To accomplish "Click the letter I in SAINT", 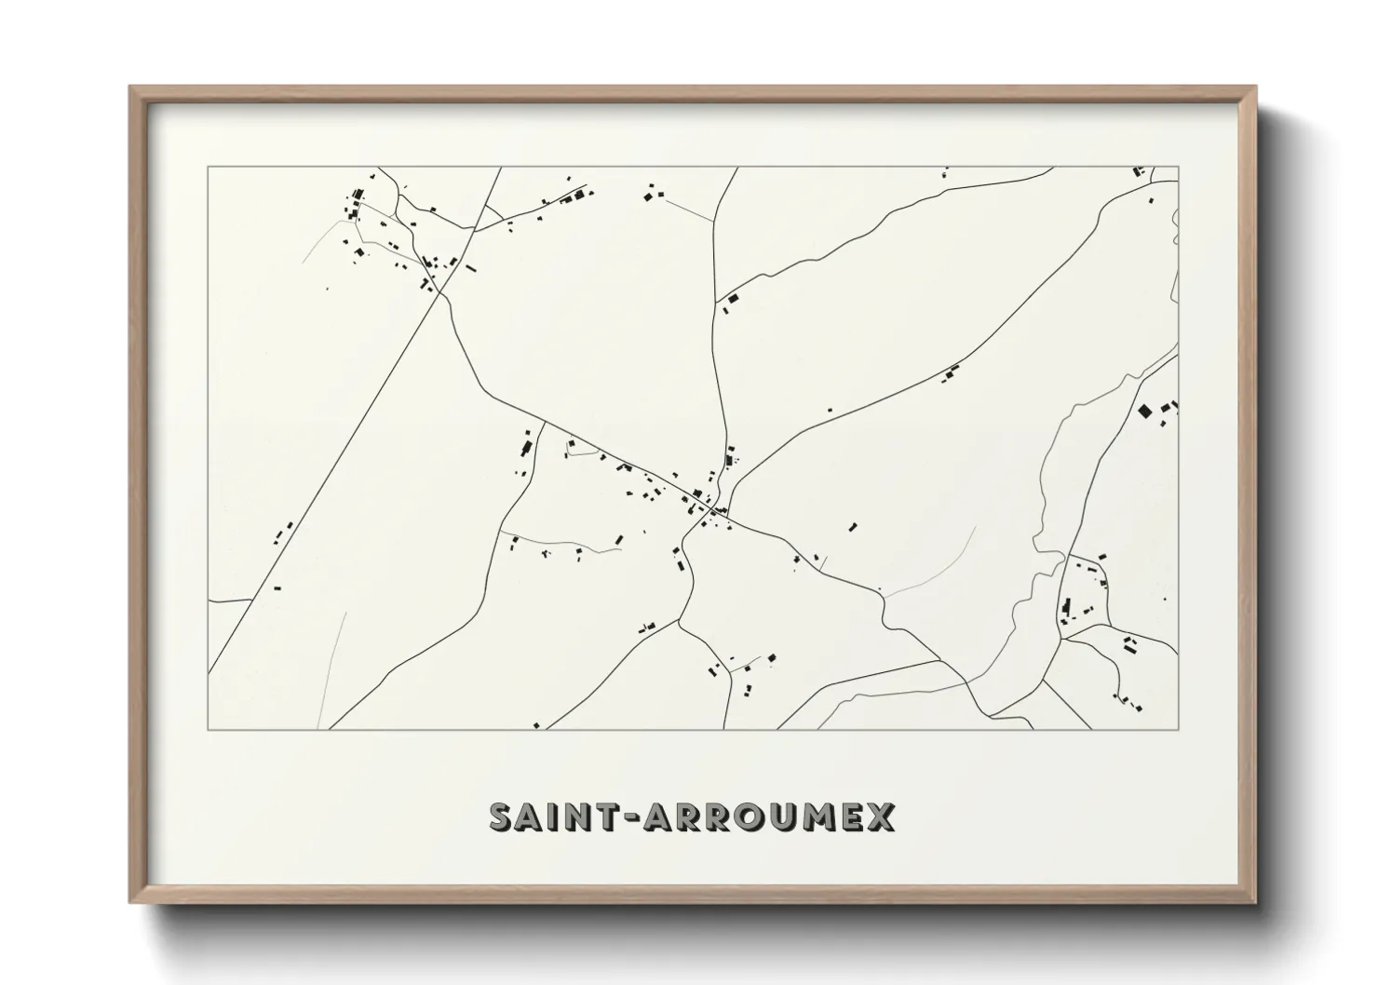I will pos(561,816).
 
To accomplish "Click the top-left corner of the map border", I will pos(208,168).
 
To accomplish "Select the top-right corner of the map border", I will pos(1179,168).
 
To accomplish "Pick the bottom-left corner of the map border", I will pos(208,729).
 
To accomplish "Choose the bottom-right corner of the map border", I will pos(1179,729).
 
